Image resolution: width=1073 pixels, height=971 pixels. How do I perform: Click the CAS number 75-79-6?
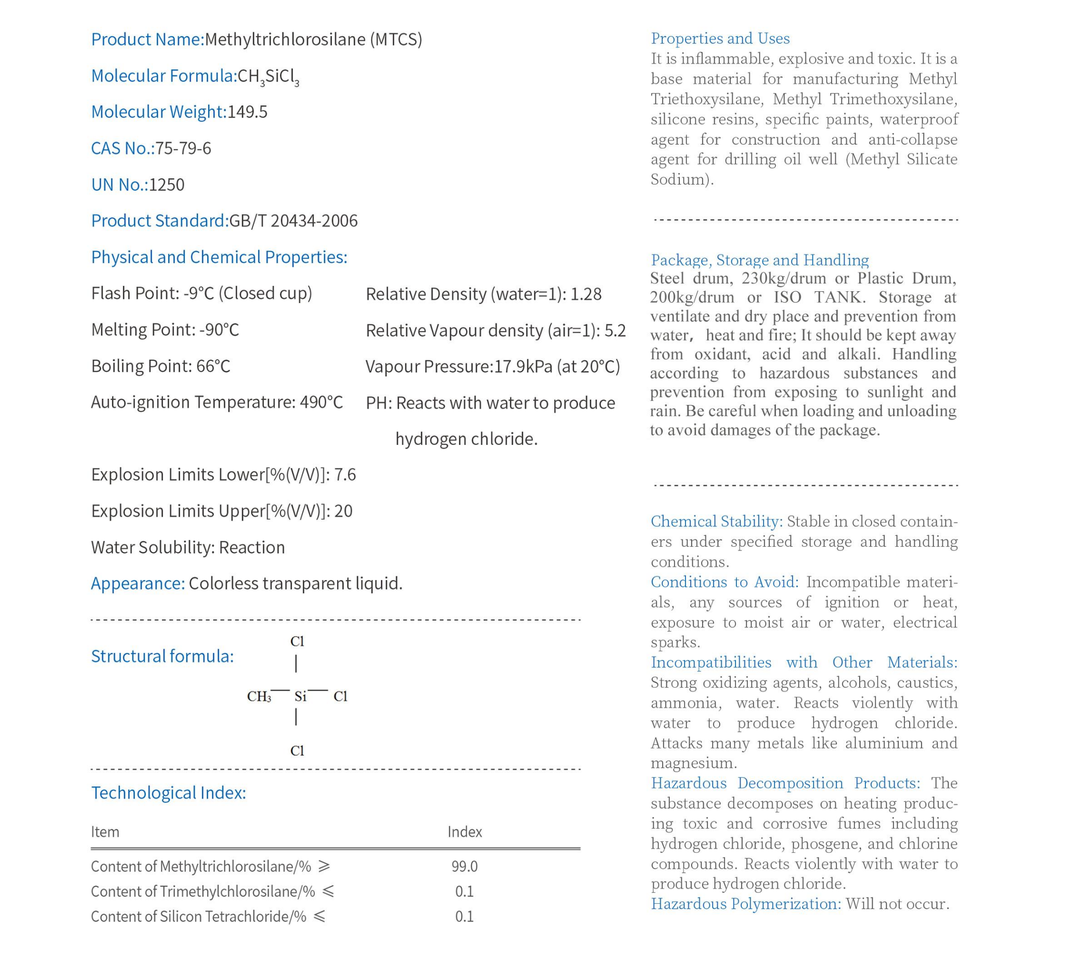pos(182,148)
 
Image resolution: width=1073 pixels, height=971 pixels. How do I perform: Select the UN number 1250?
pos(167,184)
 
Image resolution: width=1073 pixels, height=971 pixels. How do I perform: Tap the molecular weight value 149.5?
pos(247,112)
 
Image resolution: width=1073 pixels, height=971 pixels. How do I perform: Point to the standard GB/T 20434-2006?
pos(293,221)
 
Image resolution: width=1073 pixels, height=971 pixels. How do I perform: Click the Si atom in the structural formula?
pos(300,696)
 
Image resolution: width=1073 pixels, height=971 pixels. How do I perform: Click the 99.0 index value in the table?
pos(464,867)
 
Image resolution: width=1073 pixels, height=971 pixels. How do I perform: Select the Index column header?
pos(464,832)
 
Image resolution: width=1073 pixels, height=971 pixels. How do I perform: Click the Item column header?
pos(105,832)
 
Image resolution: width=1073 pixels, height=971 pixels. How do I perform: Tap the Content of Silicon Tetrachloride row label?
pos(198,917)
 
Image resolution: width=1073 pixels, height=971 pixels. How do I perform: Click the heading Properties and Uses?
pos(720,39)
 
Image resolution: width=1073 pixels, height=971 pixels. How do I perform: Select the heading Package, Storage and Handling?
pos(760,260)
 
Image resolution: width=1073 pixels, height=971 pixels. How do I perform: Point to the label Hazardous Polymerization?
pos(745,904)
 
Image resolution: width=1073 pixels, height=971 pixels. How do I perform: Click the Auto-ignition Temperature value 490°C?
pos(321,402)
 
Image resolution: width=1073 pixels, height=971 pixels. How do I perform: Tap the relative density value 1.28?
pos(586,294)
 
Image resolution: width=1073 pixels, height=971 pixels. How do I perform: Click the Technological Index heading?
pos(168,793)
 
